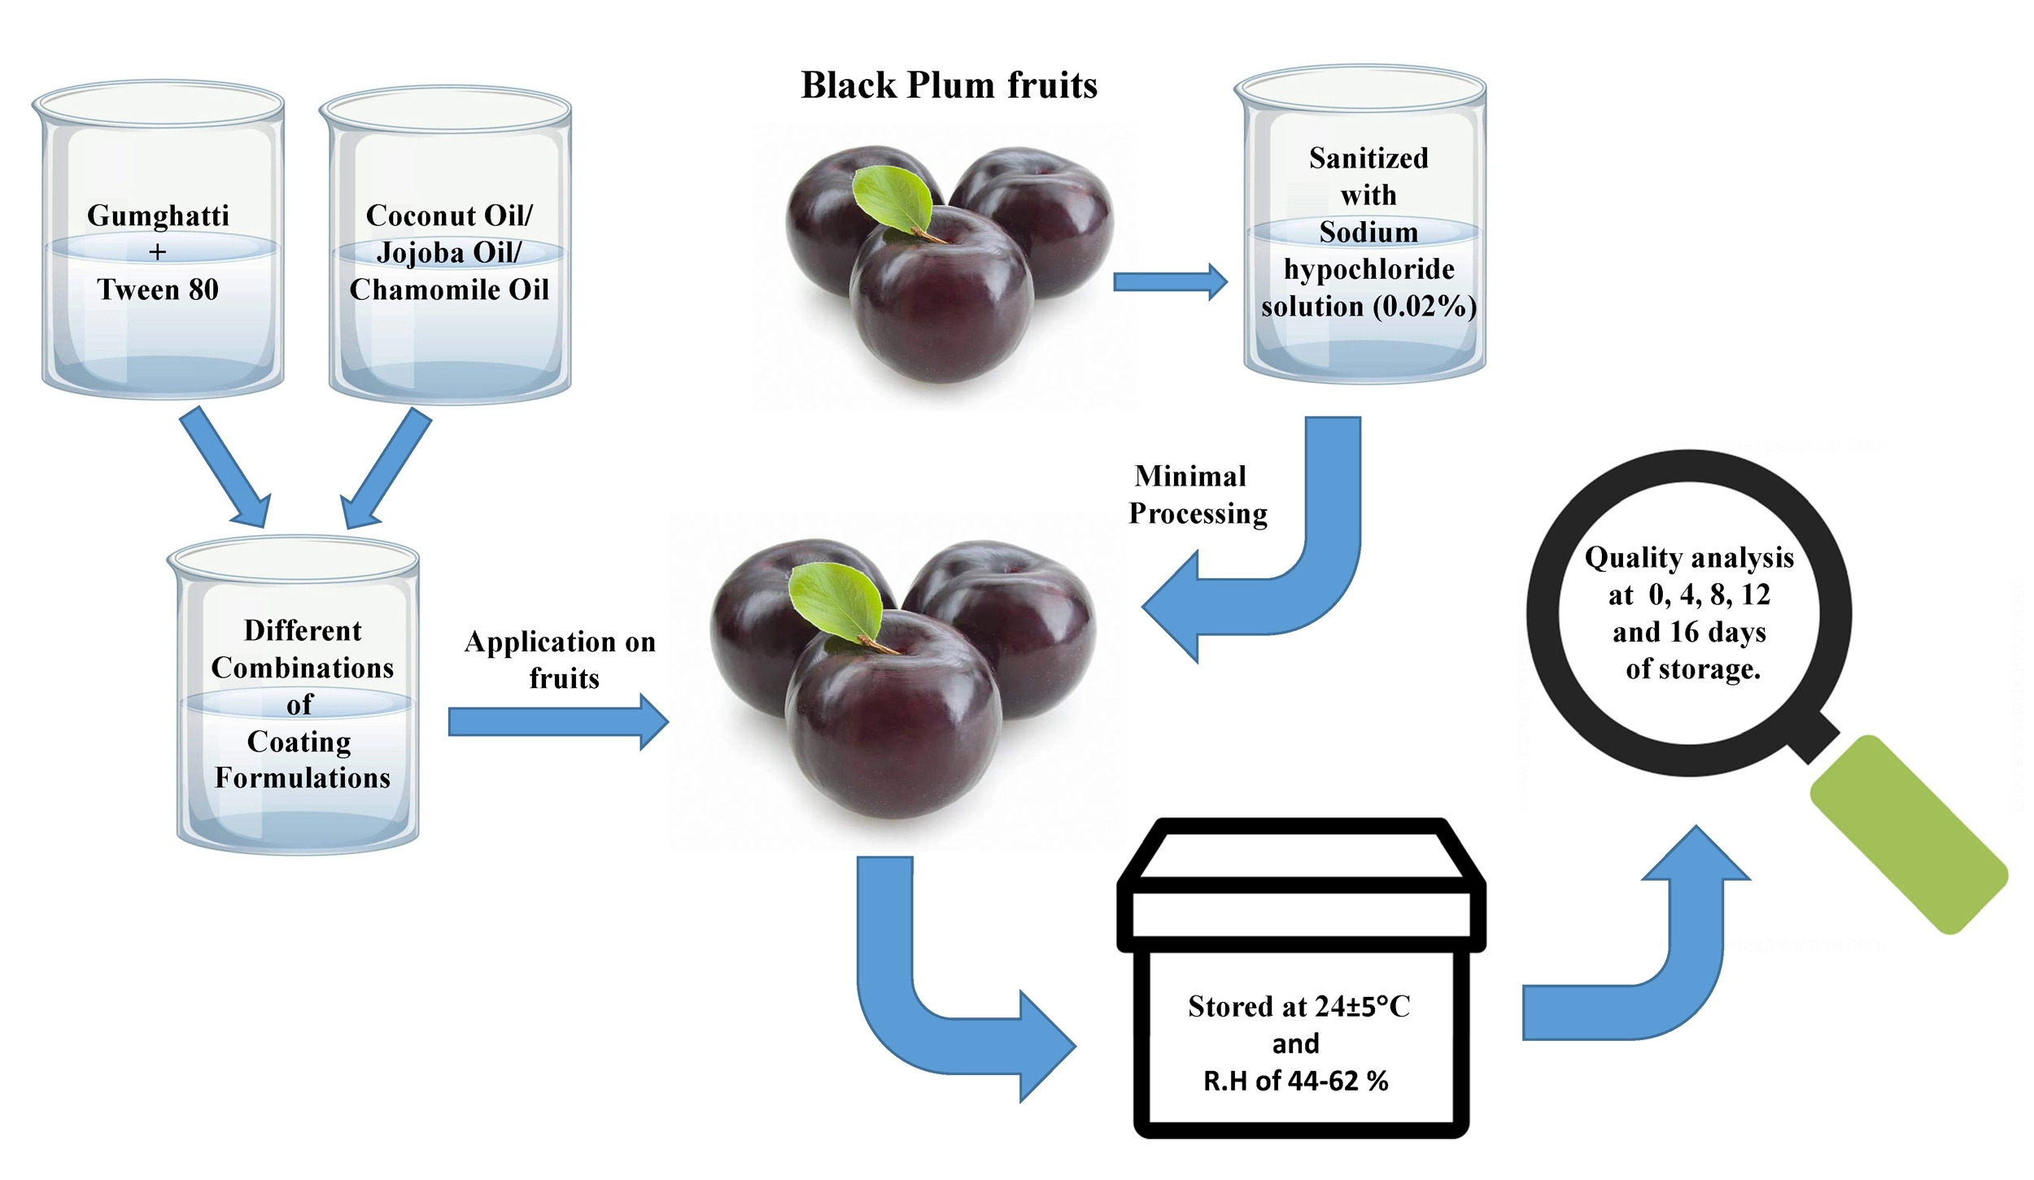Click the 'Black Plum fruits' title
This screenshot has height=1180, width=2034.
click(x=949, y=85)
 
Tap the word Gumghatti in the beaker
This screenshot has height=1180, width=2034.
click(x=158, y=216)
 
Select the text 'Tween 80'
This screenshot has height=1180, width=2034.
click(x=158, y=290)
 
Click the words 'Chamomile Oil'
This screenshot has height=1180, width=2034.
click(x=449, y=290)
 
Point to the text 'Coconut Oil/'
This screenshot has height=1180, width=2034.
click(x=449, y=216)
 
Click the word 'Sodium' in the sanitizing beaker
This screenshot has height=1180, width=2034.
click(x=1368, y=233)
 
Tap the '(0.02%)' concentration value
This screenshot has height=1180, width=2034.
click(x=1425, y=307)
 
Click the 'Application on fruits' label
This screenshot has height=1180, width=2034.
click(x=561, y=660)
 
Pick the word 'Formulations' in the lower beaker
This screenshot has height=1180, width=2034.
click(x=303, y=778)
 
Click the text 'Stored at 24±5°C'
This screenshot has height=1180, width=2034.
click(x=1299, y=1007)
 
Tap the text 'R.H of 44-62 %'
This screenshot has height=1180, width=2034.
click(x=1295, y=1081)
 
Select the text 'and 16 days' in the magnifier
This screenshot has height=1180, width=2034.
click(x=1689, y=632)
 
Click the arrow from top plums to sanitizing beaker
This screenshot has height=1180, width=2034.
click(x=1168, y=282)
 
